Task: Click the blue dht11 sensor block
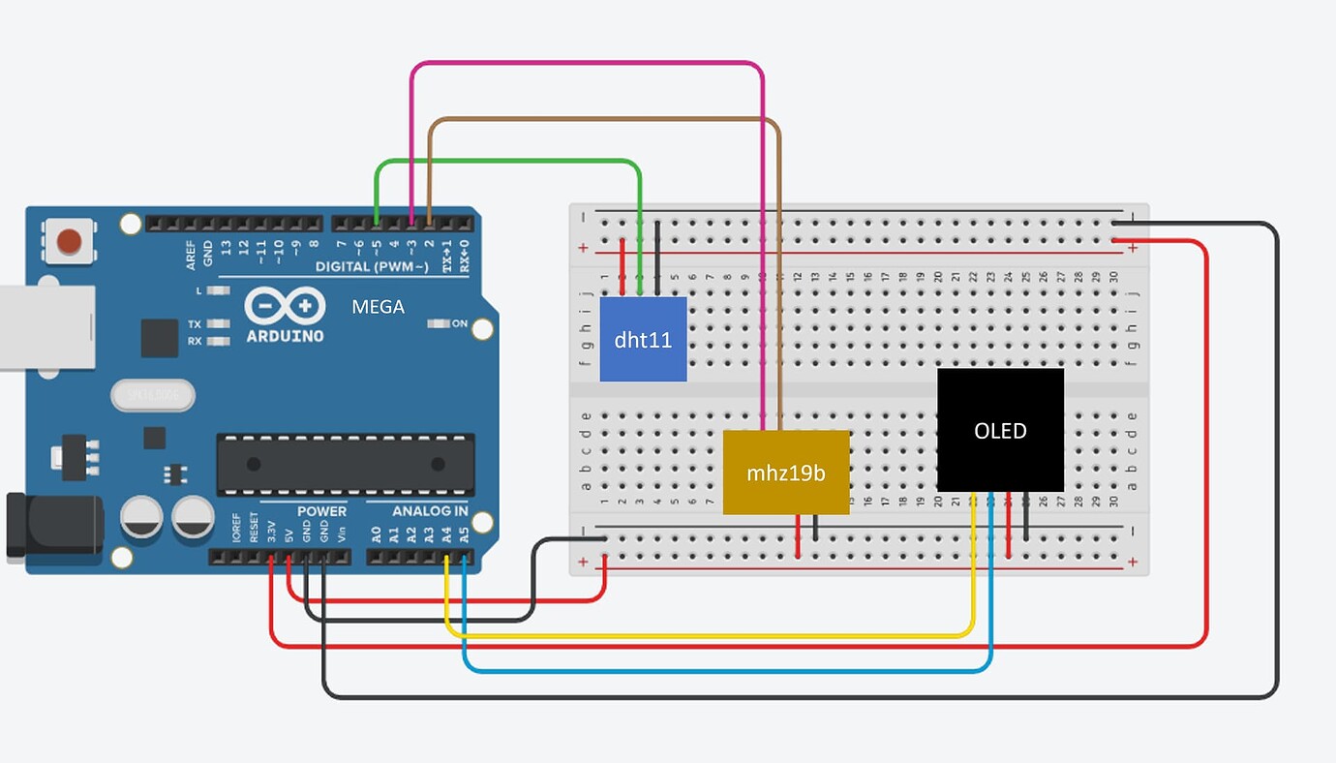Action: (x=643, y=339)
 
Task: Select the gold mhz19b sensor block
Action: (x=785, y=473)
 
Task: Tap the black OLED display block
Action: (x=1000, y=430)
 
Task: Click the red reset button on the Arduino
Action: (x=69, y=240)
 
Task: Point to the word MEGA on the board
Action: (x=378, y=307)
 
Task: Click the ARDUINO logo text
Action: (x=285, y=335)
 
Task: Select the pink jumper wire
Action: (x=587, y=64)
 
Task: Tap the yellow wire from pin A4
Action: (x=707, y=635)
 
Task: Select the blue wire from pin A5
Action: (x=726, y=669)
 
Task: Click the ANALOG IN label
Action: (x=430, y=511)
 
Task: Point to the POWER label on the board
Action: (x=321, y=511)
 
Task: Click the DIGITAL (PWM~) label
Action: (x=372, y=266)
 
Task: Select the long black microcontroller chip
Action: (x=346, y=464)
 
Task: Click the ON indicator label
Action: (x=459, y=323)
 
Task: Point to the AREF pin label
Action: (x=192, y=255)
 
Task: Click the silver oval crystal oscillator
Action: (x=152, y=395)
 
